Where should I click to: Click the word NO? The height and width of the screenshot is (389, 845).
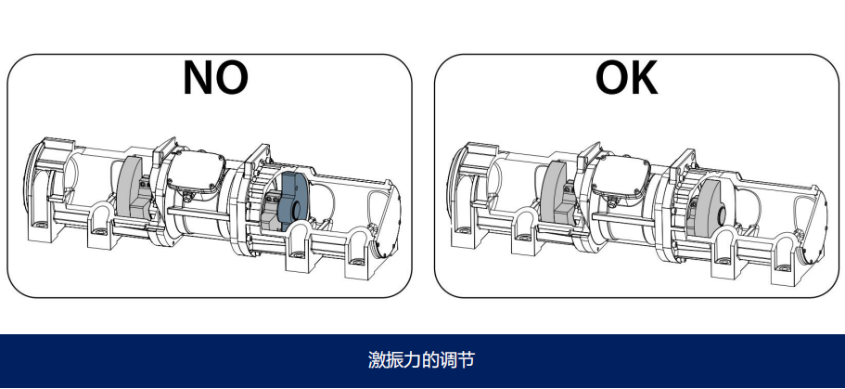(x=215, y=78)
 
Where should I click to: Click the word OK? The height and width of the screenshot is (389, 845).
(x=627, y=78)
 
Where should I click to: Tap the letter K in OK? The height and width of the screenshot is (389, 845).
(x=644, y=78)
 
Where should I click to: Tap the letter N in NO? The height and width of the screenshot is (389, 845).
(x=198, y=78)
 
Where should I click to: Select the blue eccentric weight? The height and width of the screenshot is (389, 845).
(x=295, y=200)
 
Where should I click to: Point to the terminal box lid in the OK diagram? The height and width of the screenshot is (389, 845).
(x=620, y=173)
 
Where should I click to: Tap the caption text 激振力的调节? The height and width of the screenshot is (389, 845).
(x=421, y=360)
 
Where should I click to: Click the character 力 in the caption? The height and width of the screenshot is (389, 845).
(x=403, y=360)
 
